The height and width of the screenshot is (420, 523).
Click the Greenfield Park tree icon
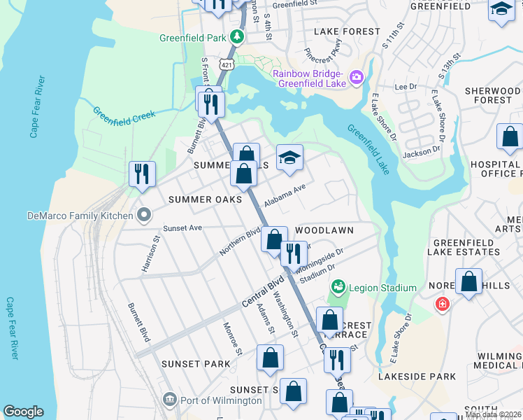click(238, 36)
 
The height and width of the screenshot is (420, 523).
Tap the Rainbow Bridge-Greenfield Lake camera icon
click(356, 76)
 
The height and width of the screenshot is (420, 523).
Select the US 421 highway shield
click(225, 64)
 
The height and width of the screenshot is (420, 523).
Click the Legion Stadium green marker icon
click(338, 287)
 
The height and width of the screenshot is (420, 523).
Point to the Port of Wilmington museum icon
click(169, 400)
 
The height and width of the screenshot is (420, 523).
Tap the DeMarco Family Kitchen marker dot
click(144, 214)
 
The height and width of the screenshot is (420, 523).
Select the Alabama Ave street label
click(285, 197)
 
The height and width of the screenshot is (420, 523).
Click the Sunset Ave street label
click(182, 228)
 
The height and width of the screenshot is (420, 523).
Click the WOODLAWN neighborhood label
click(324, 230)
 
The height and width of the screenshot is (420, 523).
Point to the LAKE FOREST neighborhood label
click(347, 31)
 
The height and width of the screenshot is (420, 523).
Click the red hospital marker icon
click(442, 304)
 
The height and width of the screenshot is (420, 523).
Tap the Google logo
click(23, 412)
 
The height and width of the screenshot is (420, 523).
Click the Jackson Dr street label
click(422, 149)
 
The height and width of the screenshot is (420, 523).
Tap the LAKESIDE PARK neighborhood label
click(417, 377)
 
